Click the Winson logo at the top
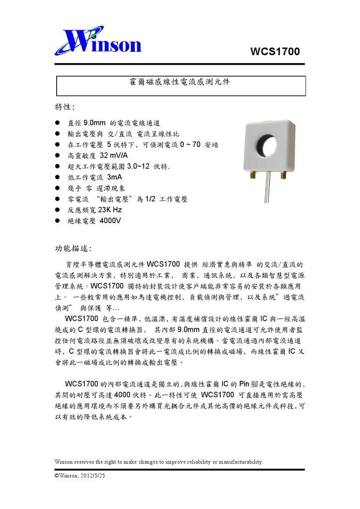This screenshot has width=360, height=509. point(98,41)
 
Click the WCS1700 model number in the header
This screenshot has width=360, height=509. point(275,51)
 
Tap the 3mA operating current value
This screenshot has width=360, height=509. point(114,177)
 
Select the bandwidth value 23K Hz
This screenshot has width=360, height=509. point(110,210)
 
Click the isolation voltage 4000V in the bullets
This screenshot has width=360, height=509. point(110,221)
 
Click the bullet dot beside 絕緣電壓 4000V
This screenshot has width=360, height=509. point(58,221)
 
